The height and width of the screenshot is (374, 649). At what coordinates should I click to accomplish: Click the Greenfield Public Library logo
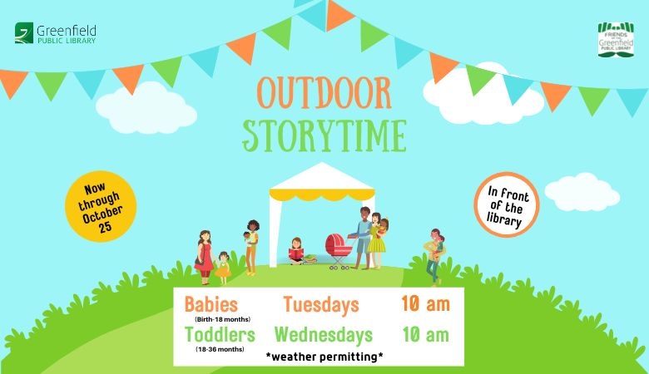(x=56, y=33)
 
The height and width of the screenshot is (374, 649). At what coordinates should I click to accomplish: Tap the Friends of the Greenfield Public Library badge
(x=616, y=39)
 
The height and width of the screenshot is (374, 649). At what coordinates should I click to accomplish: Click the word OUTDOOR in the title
(x=324, y=92)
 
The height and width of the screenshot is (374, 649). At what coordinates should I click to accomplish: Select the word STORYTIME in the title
(x=324, y=135)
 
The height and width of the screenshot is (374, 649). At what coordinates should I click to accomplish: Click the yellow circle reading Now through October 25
(x=101, y=206)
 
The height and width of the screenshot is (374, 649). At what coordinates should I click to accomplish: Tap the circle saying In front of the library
(x=506, y=204)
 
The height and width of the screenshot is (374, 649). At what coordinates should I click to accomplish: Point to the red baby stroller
(x=338, y=250)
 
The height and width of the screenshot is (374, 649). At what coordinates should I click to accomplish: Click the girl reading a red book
(x=296, y=251)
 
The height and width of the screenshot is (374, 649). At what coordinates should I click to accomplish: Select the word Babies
(x=211, y=304)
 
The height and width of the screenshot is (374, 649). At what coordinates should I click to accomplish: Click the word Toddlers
(x=220, y=334)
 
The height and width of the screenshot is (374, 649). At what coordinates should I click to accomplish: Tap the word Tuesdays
(x=321, y=305)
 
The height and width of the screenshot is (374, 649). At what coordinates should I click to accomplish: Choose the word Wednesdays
(x=324, y=335)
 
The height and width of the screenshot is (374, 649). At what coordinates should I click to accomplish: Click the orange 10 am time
(x=425, y=304)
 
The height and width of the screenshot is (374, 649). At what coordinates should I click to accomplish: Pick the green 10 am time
(x=425, y=334)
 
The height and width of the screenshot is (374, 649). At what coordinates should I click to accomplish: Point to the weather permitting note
(x=324, y=357)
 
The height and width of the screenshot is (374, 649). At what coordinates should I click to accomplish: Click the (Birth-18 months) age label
(x=223, y=319)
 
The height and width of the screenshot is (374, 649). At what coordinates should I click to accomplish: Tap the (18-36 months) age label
(x=220, y=349)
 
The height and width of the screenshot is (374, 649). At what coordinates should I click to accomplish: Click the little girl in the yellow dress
(x=223, y=268)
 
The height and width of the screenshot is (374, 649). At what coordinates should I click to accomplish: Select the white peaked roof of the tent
(x=322, y=176)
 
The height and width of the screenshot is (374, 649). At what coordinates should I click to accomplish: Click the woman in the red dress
(x=205, y=257)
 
